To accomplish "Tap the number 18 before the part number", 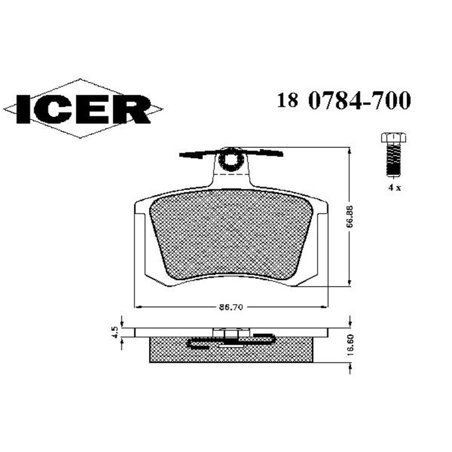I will (287, 101).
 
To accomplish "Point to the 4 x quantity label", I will (393, 187).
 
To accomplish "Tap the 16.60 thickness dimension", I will (349, 347).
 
